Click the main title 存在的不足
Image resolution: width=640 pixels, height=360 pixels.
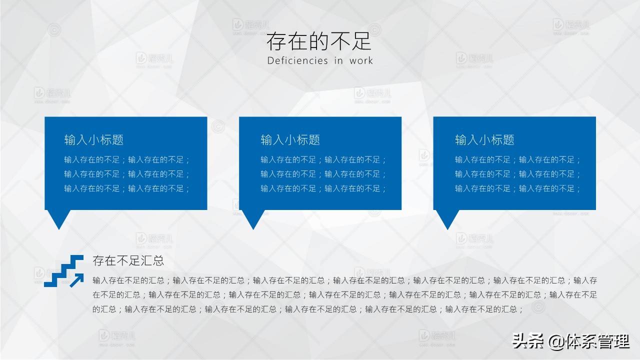(319, 41)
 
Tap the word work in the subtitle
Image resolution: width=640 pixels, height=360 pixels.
(361, 61)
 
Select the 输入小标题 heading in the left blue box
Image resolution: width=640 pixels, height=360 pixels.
(94, 140)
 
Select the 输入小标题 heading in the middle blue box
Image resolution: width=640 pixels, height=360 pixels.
(290, 140)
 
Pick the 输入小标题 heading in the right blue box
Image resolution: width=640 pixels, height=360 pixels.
(484, 140)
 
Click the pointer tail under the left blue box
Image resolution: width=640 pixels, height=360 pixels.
(58, 218)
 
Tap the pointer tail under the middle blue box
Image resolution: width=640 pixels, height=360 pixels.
(253, 218)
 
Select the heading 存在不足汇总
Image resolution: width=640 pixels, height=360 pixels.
(128, 260)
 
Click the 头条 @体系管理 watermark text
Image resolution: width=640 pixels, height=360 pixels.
(570, 342)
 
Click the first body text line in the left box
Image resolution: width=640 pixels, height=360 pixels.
(127, 160)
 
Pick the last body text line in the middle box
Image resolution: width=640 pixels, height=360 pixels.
(323, 188)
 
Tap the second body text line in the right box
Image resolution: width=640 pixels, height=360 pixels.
(518, 174)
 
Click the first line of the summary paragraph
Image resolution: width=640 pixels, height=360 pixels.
(344, 280)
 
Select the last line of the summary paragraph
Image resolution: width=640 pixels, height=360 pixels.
(307, 309)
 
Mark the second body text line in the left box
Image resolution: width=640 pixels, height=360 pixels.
(127, 174)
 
